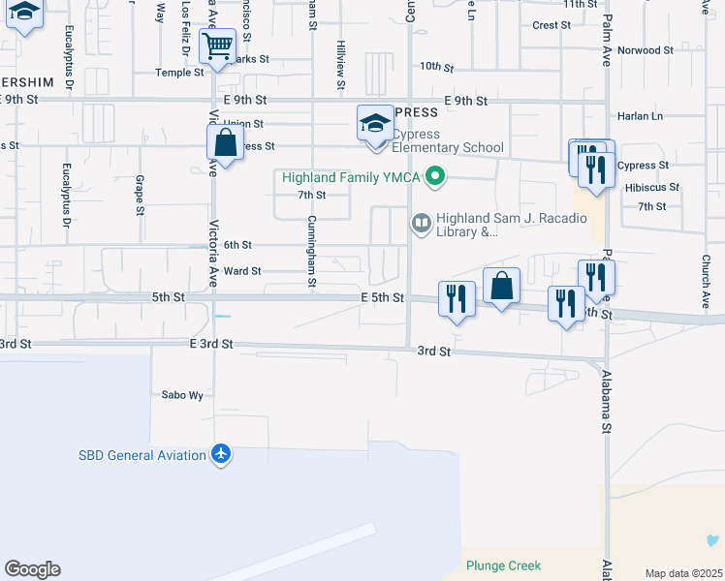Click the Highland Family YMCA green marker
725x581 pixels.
tap(435, 176)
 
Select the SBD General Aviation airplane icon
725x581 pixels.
tap(222, 455)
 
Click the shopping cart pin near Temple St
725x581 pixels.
tap(217, 46)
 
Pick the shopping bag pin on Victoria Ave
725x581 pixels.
tap(225, 144)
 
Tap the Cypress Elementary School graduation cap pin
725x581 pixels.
tap(375, 123)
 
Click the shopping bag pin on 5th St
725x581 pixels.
tap(501, 286)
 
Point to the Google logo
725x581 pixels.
tap(32, 569)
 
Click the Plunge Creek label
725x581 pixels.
tap(503, 566)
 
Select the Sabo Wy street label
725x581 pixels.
tap(182, 395)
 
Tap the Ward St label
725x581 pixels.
tap(242, 271)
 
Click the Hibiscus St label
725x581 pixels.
tap(652, 187)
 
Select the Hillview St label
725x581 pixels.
tap(341, 65)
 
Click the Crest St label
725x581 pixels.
tap(552, 25)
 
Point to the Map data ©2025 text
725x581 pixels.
tap(682, 573)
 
